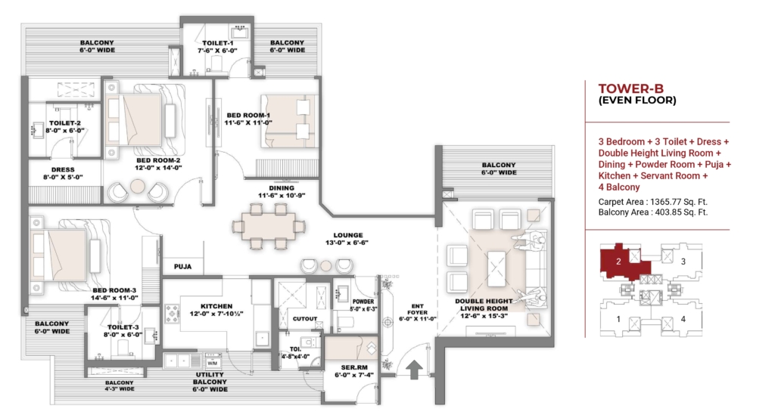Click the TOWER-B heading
pos(630,89)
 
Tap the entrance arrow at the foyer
pos(414,370)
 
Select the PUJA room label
pos(183,267)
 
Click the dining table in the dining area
pos(269,226)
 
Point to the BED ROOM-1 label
pos(248,115)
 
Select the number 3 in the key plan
pos(683,262)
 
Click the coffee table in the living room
pos(496,268)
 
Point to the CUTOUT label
pos(305,319)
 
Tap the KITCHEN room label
pos(216,306)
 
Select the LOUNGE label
pos(348,235)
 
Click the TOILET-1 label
pos(217,43)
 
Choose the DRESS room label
pos(63,170)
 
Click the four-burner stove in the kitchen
pos(173,314)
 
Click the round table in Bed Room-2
pos(138,187)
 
